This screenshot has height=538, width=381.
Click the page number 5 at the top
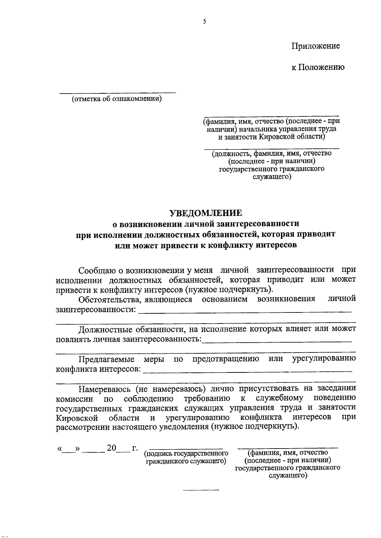[x=204, y=22]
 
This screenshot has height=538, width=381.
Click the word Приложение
[x=316, y=46]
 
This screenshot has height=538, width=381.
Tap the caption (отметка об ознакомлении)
[x=117, y=99]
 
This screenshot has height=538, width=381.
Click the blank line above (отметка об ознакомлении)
[x=117, y=93]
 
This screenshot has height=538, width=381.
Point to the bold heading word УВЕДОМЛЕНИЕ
[x=205, y=213]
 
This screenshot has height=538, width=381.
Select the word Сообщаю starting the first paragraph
[x=97, y=270]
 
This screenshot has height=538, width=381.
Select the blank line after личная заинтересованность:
[x=277, y=342]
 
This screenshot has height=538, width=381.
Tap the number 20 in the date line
[x=112, y=448]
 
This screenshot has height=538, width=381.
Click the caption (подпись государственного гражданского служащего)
[x=186, y=457]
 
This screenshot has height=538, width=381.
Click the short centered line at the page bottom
[x=201, y=490]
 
